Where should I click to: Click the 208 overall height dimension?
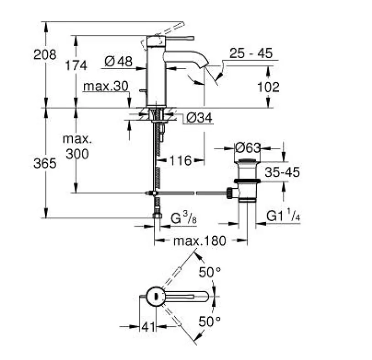(45, 55)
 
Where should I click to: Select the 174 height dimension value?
(76, 65)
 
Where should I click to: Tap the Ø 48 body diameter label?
(119, 61)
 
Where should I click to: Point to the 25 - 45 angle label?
(251, 53)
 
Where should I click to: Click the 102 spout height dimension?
(268, 87)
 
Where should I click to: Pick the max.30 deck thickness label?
(106, 86)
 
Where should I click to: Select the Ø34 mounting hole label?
(199, 118)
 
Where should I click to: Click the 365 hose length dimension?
(45, 164)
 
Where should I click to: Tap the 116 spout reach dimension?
(180, 160)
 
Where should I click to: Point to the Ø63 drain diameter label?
(248, 148)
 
